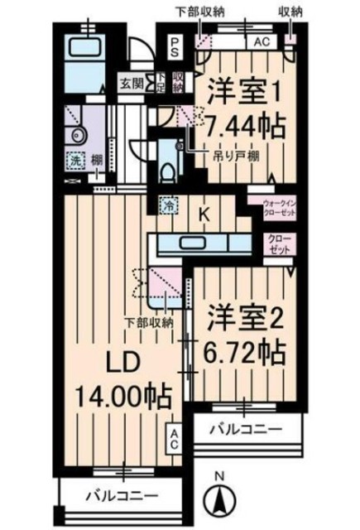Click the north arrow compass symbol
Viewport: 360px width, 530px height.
pyautogui.click(x=221, y=498)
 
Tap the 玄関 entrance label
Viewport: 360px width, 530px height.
pyautogui.click(x=130, y=84)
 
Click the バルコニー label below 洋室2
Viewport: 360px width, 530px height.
pyautogui.click(x=245, y=430)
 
